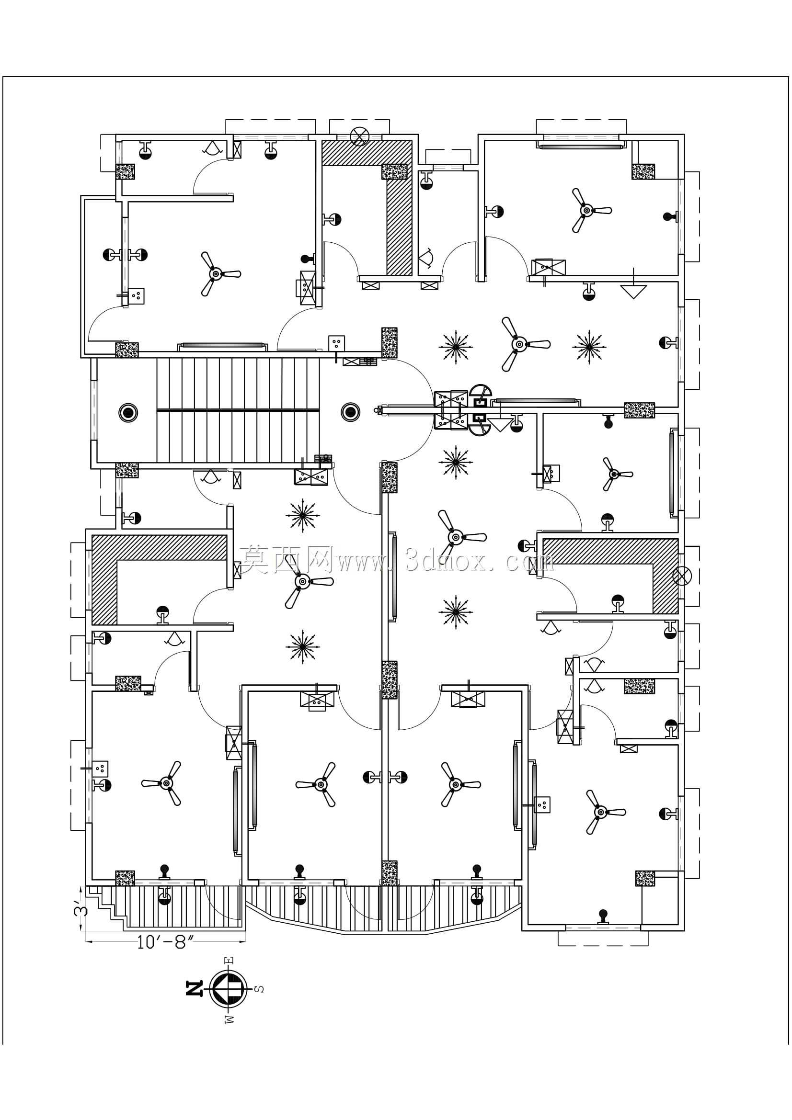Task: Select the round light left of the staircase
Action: pos(128,413)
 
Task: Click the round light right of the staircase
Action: pos(350,413)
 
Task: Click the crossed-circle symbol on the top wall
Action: pos(360,137)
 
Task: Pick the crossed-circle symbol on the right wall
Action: pos(682,576)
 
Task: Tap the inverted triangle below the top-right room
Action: pos(633,292)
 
